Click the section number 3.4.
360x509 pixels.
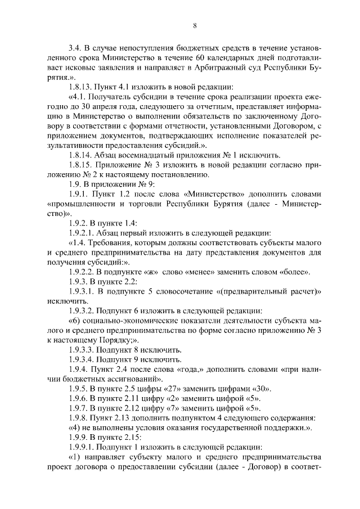pos(74,48)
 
